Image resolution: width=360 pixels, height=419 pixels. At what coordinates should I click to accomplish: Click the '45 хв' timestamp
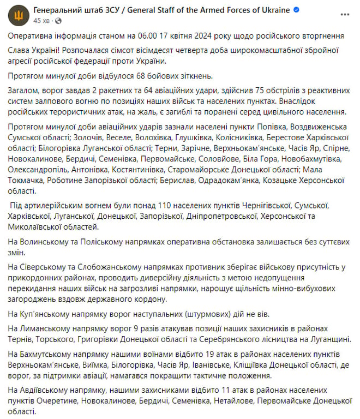[x=41, y=20]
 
